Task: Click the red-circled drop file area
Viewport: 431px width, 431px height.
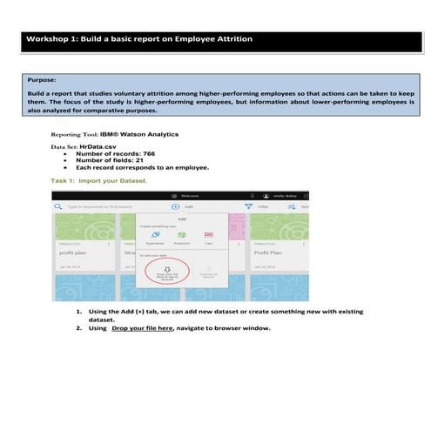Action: coord(165,273)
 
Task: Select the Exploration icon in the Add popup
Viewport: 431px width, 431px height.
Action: coord(156,235)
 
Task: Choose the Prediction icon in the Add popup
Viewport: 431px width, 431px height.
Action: coord(183,235)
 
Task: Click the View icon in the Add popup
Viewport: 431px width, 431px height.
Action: coord(209,235)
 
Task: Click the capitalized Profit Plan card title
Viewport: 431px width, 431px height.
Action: coord(267,253)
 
